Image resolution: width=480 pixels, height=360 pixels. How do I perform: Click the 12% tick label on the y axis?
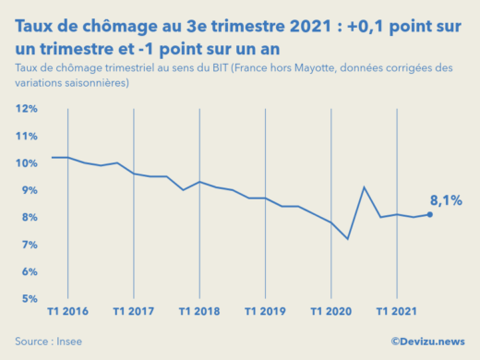(x=26, y=109)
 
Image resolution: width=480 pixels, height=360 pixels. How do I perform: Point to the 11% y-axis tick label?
(x=26, y=137)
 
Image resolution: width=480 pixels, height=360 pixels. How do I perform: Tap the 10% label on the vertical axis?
(x=26, y=163)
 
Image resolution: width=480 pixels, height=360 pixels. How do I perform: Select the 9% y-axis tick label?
(x=28, y=190)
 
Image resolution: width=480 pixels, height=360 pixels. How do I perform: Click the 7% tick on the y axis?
(x=28, y=245)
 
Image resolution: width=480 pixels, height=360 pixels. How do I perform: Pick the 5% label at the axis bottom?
(x=28, y=298)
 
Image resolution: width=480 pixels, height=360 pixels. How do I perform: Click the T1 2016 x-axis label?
(x=68, y=312)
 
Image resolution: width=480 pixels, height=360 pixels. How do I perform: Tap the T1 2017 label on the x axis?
(x=134, y=312)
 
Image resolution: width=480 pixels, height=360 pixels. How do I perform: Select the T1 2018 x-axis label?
(x=199, y=312)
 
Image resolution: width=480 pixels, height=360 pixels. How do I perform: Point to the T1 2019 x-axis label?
(x=265, y=312)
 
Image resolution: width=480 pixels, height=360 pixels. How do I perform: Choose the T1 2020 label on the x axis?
(x=330, y=312)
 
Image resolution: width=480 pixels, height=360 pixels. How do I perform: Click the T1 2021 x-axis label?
(x=396, y=312)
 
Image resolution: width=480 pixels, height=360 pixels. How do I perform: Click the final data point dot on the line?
(x=430, y=214)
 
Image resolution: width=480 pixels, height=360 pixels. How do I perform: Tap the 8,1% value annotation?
(x=446, y=199)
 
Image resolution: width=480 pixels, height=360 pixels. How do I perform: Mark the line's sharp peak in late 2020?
(x=364, y=187)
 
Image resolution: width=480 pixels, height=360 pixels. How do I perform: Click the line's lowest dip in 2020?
(x=347, y=239)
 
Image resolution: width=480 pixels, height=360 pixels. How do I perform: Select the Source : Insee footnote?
(x=46, y=341)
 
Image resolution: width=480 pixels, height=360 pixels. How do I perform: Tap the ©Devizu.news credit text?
(x=426, y=341)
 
